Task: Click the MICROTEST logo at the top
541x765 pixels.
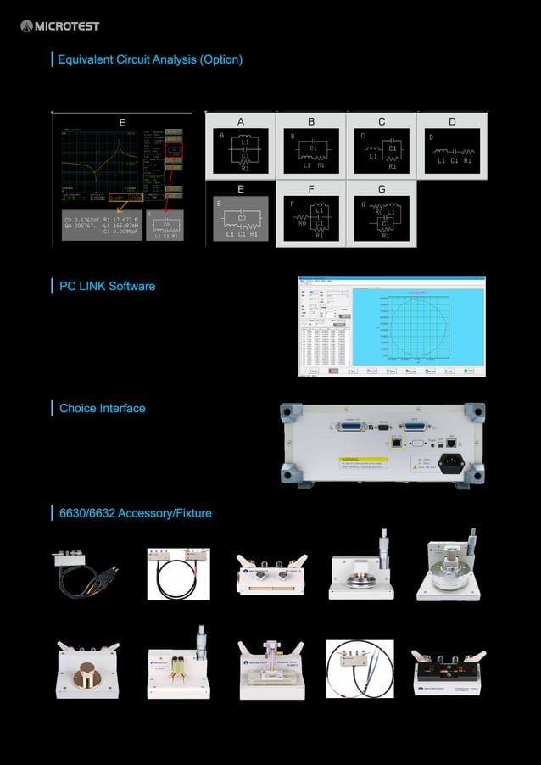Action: [59, 25]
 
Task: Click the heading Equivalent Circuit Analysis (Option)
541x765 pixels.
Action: [149, 59]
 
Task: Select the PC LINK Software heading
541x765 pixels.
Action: [107, 286]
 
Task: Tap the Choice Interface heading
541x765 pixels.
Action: [102, 408]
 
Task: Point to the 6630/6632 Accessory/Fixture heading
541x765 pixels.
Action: [135, 513]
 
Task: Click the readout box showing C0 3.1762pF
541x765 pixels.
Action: [101, 226]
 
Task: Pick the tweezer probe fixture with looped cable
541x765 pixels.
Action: [359, 668]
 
